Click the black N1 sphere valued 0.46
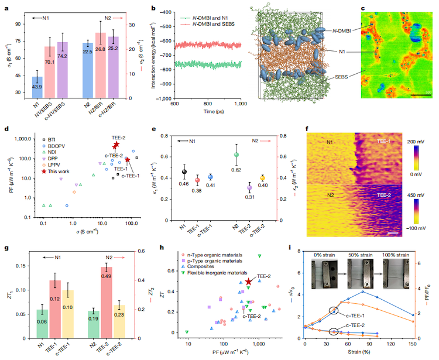(184, 172)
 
